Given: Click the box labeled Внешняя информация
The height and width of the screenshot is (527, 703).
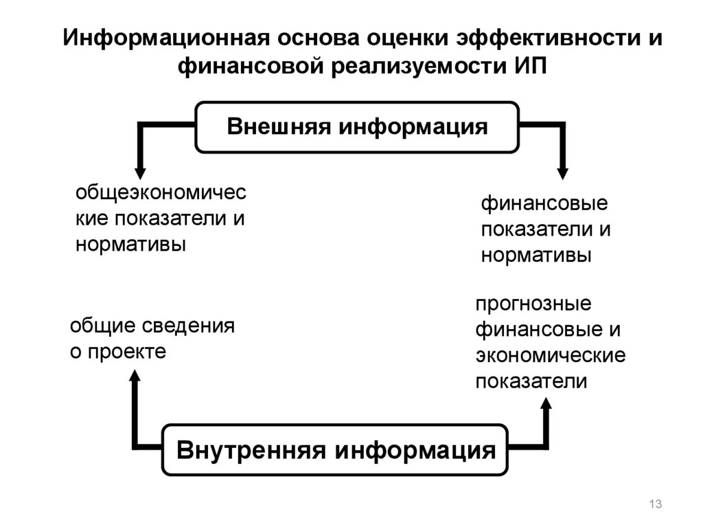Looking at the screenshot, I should tap(357, 127).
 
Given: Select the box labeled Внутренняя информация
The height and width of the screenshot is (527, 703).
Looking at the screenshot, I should tap(336, 451).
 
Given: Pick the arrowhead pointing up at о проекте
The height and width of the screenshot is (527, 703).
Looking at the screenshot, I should tap(135, 376).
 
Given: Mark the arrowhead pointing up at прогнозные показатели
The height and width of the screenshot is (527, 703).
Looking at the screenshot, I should tap(546, 405).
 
